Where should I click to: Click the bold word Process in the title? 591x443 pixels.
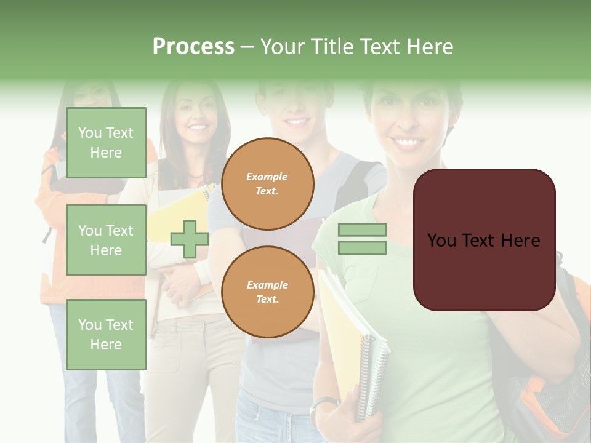pyautogui.click(x=193, y=46)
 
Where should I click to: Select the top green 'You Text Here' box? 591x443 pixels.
pyautogui.click(x=106, y=143)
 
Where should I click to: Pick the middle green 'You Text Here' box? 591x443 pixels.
pyautogui.click(x=106, y=240)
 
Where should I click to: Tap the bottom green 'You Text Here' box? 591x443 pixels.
pyautogui.click(x=106, y=335)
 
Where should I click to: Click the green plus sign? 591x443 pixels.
pyautogui.click(x=190, y=239)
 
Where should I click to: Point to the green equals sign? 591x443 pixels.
pyautogui.click(x=362, y=239)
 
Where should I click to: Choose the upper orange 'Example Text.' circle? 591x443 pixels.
pyautogui.click(x=267, y=184)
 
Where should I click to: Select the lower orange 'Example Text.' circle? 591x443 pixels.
pyautogui.click(x=267, y=292)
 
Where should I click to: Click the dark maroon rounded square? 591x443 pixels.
pyautogui.click(x=484, y=240)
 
